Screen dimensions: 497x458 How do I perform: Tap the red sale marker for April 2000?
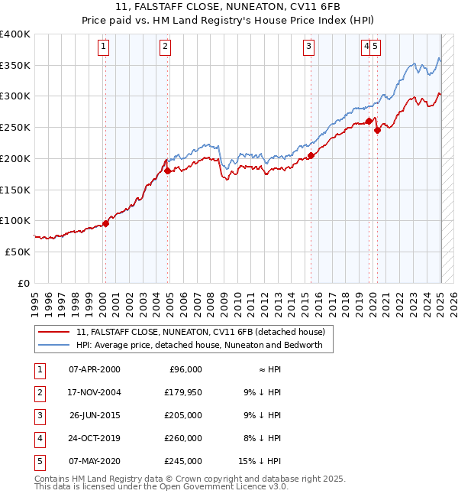(x=105, y=223)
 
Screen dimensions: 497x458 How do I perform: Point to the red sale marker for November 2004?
(x=168, y=171)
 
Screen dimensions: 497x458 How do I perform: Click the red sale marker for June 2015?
(x=311, y=156)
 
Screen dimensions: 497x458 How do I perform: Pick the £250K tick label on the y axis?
(x=15, y=127)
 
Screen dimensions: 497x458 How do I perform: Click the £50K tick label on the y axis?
(x=18, y=252)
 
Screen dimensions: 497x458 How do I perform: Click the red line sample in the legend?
(x=54, y=332)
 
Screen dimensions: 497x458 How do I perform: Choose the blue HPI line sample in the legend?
(x=54, y=345)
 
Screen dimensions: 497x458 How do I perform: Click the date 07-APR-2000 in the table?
(x=95, y=369)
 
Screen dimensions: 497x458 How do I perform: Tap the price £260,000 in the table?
(x=184, y=438)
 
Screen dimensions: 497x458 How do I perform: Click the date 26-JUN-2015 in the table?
(x=95, y=415)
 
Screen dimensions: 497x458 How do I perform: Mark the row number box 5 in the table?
(x=39, y=461)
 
